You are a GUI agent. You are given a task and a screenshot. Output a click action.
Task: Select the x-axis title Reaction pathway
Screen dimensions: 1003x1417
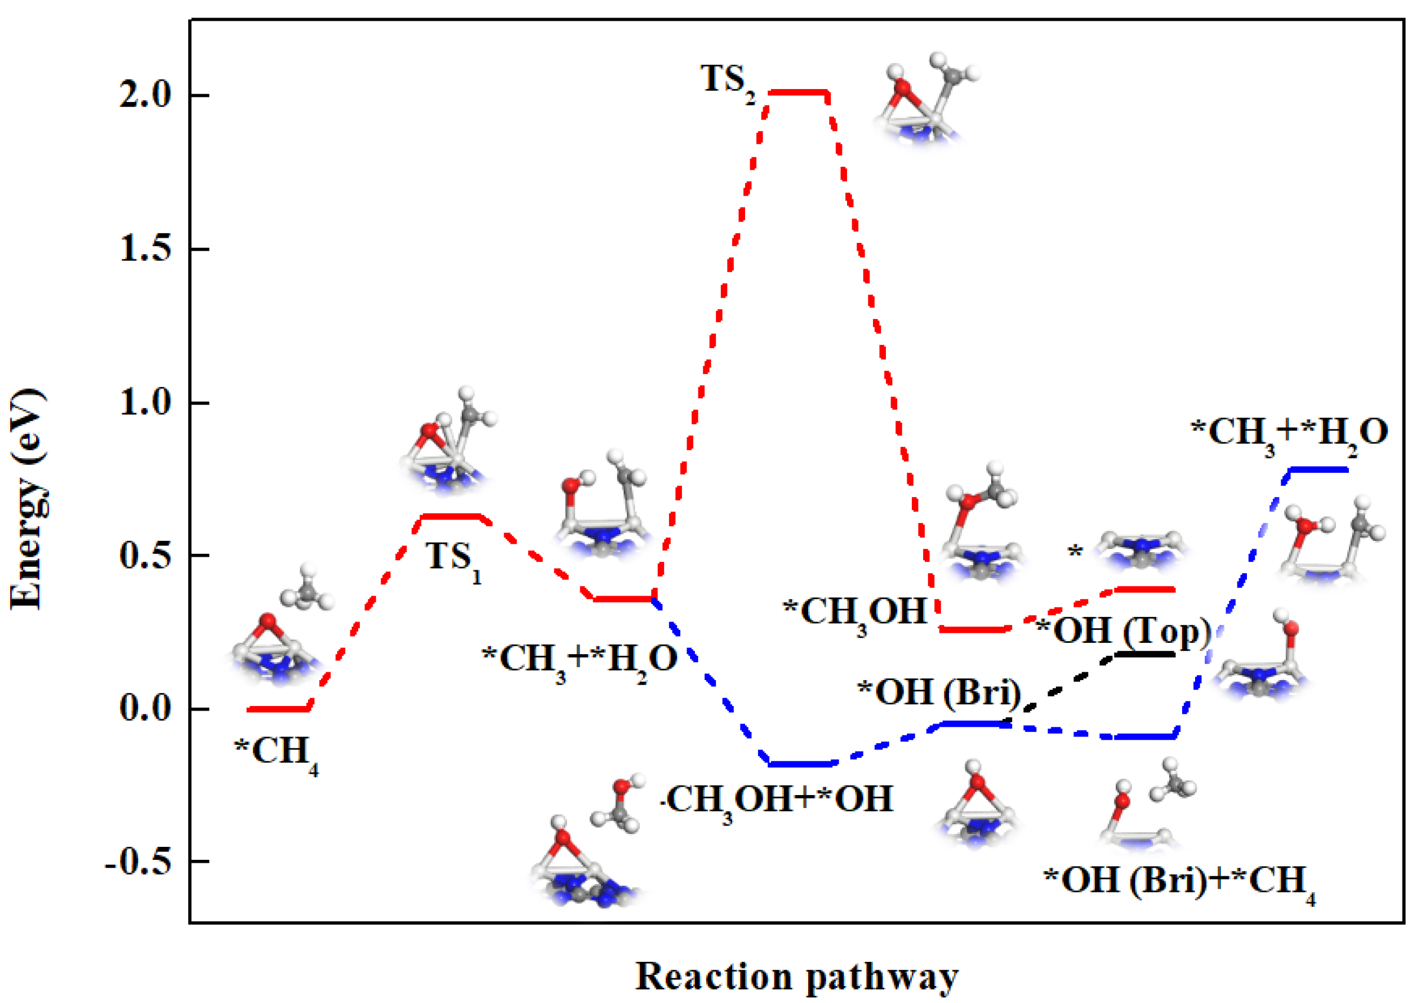pos(796,977)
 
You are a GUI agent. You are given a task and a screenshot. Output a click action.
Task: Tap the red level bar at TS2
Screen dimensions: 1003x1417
pos(798,92)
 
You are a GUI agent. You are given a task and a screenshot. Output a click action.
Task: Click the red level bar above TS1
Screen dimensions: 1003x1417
pos(450,516)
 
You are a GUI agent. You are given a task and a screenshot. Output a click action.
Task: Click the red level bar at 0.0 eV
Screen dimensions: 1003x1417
pos(278,709)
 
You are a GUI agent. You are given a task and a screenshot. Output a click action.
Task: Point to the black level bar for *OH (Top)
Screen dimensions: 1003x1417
pos(1145,654)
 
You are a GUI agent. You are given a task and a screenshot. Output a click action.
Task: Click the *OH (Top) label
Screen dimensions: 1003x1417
pos(1123,631)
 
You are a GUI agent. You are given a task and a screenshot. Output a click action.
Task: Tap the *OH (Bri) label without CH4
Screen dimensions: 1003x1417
pos(939,693)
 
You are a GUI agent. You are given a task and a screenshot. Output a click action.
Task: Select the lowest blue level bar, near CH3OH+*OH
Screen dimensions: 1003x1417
pos(800,764)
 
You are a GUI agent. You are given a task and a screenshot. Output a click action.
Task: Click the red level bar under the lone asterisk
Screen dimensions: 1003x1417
pos(1145,590)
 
